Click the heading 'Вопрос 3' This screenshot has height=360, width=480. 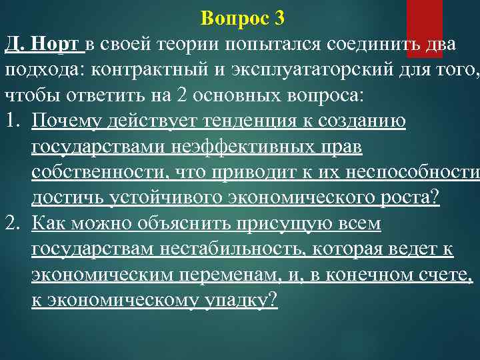242,19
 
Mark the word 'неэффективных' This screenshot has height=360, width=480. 235,146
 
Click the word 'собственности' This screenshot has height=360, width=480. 98,171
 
